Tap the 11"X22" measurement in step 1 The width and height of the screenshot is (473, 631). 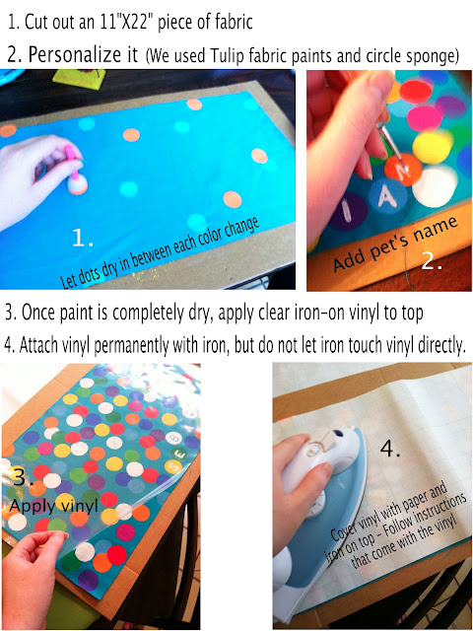[126, 22]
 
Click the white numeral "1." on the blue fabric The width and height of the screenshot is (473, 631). [83, 238]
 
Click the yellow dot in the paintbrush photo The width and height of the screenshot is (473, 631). [432, 147]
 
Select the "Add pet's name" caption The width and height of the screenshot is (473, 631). [395, 244]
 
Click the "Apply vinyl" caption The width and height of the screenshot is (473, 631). [53, 506]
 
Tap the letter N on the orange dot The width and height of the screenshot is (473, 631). [403, 169]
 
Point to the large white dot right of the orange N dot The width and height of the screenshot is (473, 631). [436, 186]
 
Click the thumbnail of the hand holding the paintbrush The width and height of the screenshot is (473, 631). [389, 180]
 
